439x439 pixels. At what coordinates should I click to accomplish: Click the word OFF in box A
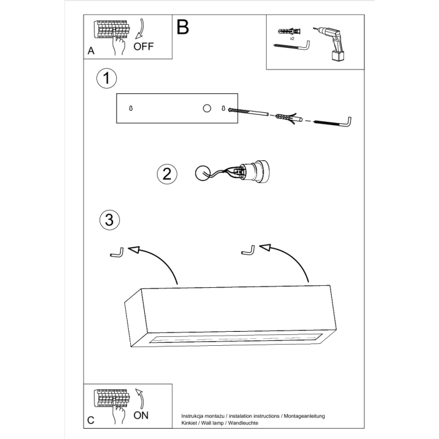click(144, 47)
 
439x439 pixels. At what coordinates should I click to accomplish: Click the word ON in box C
click(142, 415)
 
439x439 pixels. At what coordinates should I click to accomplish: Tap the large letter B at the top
click(183, 27)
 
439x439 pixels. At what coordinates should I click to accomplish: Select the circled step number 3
click(110, 220)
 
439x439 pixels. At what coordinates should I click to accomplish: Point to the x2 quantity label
click(292, 39)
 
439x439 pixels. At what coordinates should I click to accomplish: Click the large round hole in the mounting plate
click(206, 108)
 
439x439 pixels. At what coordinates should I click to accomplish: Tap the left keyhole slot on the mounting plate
click(131, 108)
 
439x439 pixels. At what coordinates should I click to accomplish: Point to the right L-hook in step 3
click(248, 250)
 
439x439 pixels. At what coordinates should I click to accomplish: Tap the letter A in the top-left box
click(91, 50)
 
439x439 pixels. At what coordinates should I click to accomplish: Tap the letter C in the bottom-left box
click(91, 420)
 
